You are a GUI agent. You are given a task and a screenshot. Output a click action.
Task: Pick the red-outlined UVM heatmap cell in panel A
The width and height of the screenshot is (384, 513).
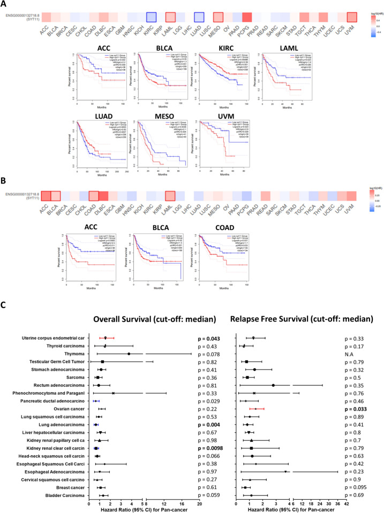click(351, 17)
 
